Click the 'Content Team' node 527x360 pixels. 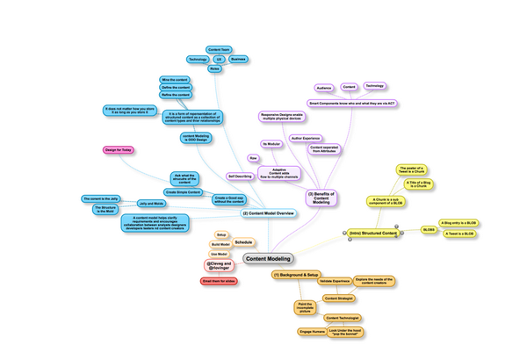click(219, 49)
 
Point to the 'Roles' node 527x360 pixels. click(214, 68)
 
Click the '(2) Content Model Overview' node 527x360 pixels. click(268, 213)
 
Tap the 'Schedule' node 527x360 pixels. click(243, 241)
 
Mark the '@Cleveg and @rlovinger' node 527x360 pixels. click(220, 264)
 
